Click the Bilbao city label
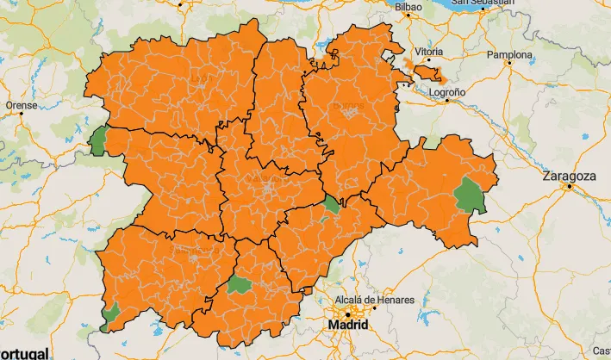pyautogui.click(x=408, y=7)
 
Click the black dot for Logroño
pyautogui.click(x=448, y=100)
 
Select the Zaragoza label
pyautogui.click(x=569, y=176)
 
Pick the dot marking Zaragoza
pyautogui.click(x=569, y=186)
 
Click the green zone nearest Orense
pyautogui.click(x=97, y=140)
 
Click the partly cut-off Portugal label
pyautogui.click(x=23, y=353)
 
